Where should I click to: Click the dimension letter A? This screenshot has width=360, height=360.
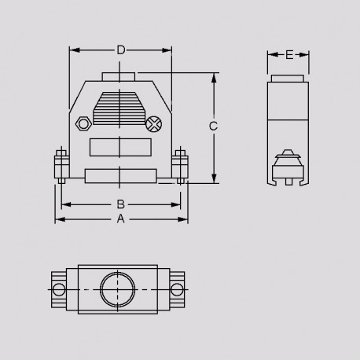tap(120, 219)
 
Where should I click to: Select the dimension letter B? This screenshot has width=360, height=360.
tap(120, 204)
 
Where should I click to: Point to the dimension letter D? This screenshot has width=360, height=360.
tap(120, 50)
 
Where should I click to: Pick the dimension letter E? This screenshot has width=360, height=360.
tap(289, 55)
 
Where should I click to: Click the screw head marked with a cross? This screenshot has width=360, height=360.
tap(155, 123)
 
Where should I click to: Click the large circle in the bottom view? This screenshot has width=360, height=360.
tap(118, 290)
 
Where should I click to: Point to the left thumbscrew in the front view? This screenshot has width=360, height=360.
tap(59, 165)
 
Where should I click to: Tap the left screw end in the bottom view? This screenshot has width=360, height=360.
tap(58, 290)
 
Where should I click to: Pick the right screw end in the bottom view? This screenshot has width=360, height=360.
tap(178, 290)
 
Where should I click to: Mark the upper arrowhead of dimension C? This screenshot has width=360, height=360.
tap(213, 78)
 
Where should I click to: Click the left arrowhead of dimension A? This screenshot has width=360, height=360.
tap(57, 219)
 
